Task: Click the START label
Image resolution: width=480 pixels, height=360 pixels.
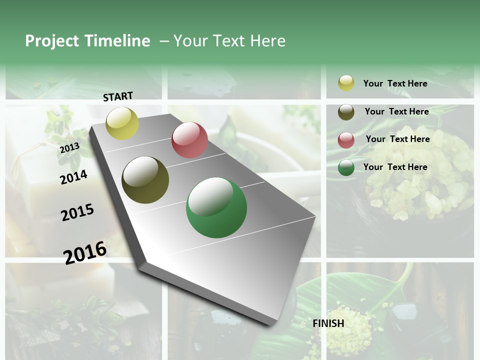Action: click(x=118, y=96)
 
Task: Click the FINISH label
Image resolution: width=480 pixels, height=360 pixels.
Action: click(x=328, y=323)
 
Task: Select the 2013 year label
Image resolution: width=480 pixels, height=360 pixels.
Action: click(x=69, y=147)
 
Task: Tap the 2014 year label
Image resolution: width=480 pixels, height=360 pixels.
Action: click(x=73, y=177)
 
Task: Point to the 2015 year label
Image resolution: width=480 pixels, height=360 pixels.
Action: click(x=77, y=212)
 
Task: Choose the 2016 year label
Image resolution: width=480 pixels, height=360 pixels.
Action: click(x=85, y=252)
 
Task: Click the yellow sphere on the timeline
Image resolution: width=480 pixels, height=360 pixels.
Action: click(x=122, y=123)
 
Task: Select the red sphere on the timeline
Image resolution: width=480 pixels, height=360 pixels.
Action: click(x=189, y=140)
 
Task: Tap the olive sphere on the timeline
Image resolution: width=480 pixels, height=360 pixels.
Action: click(x=145, y=180)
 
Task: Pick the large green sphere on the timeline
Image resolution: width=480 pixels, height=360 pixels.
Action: click(x=216, y=207)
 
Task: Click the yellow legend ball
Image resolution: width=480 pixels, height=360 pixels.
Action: click(x=346, y=83)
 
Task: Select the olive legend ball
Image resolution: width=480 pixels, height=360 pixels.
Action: click(x=346, y=112)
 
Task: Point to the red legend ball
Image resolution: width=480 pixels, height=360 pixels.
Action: click(x=346, y=140)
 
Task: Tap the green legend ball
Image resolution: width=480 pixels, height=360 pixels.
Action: click(x=346, y=168)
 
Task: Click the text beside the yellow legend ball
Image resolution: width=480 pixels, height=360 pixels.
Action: click(x=395, y=83)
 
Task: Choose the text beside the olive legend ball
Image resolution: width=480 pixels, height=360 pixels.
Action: click(x=396, y=111)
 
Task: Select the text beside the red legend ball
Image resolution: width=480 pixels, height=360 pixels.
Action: click(x=397, y=139)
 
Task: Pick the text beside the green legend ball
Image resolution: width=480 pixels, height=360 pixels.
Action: click(x=395, y=167)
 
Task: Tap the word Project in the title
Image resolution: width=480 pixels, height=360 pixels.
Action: click(x=52, y=41)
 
